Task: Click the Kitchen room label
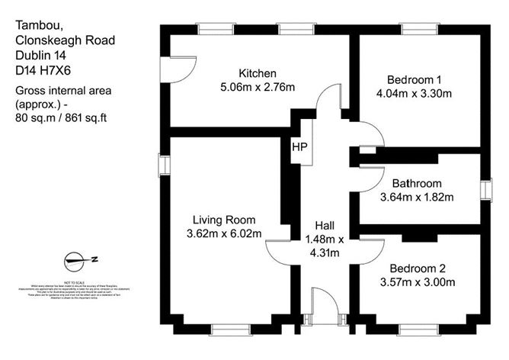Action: pyautogui.click(x=257, y=73)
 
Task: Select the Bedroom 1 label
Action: pyautogui.click(x=415, y=79)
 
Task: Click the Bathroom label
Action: pyautogui.click(x=417, y=184)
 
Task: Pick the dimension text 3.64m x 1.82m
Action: pyautogui.click(x=417, y=197)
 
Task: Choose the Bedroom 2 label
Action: pyautogui.click(x=417, y=268)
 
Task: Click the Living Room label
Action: pyautogui.click(x=224, y=220)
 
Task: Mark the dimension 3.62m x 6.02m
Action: pyautogui.click(x=224, y=233)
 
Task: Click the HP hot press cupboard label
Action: pyautogui.click(x=299, y=146)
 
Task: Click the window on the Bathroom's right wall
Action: pyautogui.click(x=485, y=190)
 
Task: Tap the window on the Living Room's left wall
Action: pyautogui.click(x=162, y=166)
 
